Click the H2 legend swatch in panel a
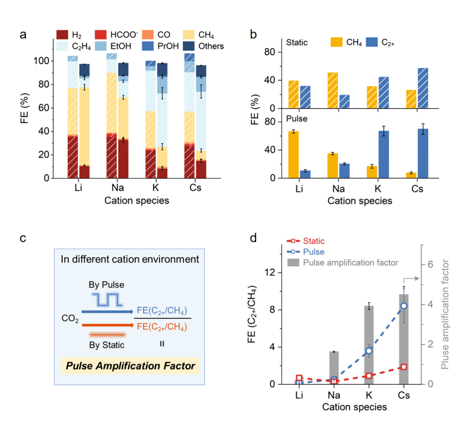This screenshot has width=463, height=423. click(63, 34)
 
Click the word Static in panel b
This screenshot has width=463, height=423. click(300, 42)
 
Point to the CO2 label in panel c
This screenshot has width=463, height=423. click(71, 318)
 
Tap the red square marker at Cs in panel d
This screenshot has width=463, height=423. click(403, 367)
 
